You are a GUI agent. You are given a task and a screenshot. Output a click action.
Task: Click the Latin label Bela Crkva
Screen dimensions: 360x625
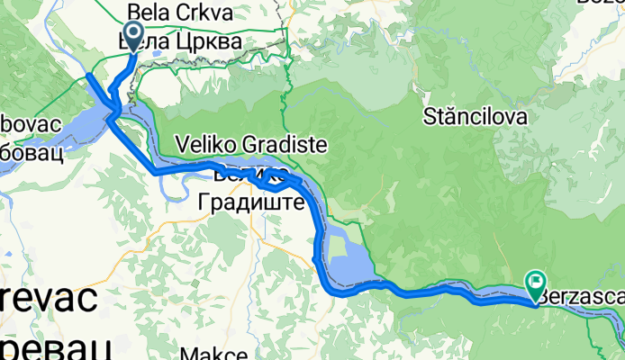tap(180, 13)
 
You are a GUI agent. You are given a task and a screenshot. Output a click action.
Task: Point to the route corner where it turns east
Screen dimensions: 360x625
tap(157, 170)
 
